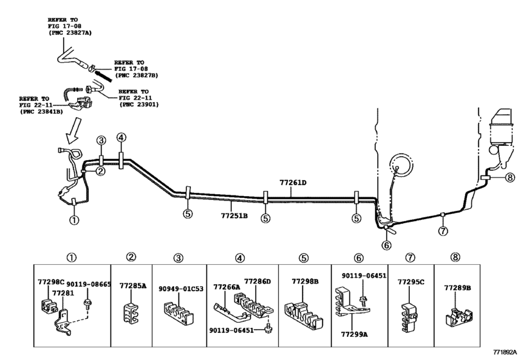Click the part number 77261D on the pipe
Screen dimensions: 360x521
(x=293, y=183)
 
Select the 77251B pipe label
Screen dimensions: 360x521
(x=234, y=206)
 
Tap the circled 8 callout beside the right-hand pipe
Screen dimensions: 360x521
(x=510, y=178)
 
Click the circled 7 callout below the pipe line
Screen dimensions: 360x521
(x=443, y=231)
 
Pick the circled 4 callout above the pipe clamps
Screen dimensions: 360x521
(x=121, y=138)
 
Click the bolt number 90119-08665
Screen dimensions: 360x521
(x=89, y=283)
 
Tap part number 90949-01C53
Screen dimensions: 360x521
(x=181, y=289)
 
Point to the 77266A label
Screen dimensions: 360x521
(x=227, y=287)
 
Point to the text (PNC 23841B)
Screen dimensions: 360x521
(x=40, y=111)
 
